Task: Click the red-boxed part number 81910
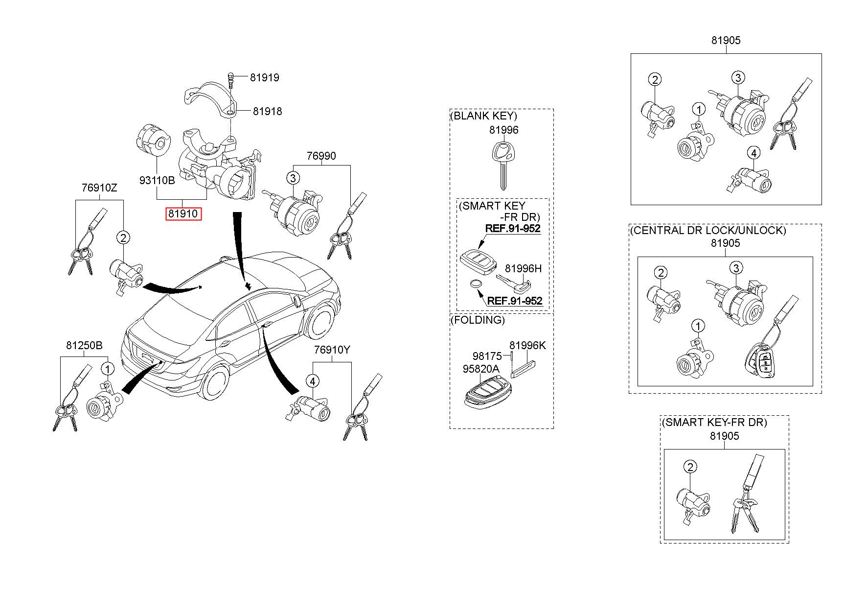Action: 183,213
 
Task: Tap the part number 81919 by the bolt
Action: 264,77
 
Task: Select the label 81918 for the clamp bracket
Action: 267,112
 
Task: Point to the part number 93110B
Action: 157,180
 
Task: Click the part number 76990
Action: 321,156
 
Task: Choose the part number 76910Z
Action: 99,188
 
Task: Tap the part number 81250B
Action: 84,346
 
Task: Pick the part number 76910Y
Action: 332,350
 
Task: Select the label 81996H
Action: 523,269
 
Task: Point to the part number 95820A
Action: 480,369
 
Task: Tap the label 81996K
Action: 527,346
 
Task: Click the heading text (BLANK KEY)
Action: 483,116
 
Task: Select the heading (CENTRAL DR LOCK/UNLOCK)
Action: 707,230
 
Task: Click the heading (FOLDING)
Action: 477,320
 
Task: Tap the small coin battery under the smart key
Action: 475,284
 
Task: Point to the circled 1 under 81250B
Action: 107,368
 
